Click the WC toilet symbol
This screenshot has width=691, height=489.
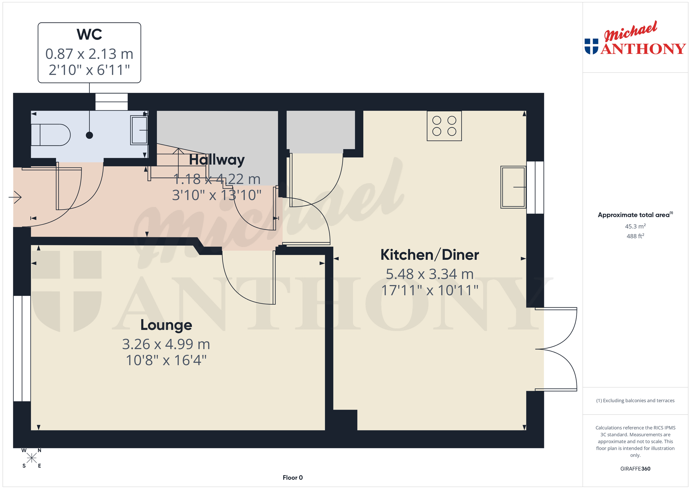tap(51, 135)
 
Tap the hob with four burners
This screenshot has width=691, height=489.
tap(444, 126)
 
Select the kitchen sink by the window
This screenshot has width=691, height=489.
tap(513, 187)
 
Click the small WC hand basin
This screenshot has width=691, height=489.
tap(139, 130)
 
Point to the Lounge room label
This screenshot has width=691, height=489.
tap(166, 325)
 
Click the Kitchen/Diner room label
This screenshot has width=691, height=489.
tap(430, 255)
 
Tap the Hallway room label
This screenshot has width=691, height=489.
tap(217, 160)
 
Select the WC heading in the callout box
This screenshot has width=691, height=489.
tap(89, 34)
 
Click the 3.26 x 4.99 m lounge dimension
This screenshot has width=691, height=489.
tap(166, 344)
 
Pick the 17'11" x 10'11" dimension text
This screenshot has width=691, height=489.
tap(430, 290)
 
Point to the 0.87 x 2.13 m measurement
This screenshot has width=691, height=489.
tap(89, 54)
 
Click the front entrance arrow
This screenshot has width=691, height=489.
tap(15, 197)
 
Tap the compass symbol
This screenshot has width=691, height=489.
tap(32, 458)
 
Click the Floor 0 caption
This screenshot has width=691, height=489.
tap(293, 477)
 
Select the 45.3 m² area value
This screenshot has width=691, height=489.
tap(635, 226)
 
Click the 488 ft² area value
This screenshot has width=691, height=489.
tap(635, 236)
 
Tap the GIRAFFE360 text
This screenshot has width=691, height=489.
tap(635, 469)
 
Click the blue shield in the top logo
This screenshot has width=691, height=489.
tap(591, 46)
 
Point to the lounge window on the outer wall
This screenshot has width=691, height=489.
tap(22, 348)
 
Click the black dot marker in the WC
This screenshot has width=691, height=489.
tap(89, 135)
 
